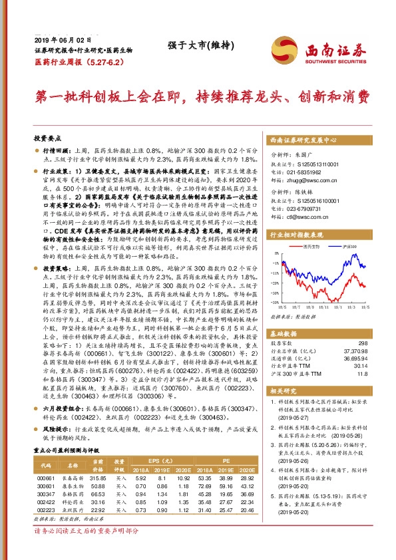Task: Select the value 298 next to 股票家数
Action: (363, 343)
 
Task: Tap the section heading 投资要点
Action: (47, 138)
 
